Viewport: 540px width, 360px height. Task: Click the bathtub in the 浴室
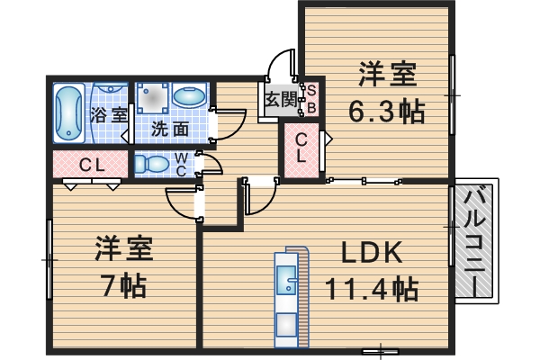[69, 114]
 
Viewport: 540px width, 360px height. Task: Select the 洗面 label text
[169, 129]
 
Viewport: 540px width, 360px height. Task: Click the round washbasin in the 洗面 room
[189, 95]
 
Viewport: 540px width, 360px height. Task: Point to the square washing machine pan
[153, 96]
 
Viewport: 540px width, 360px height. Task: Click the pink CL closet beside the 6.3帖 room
[302, 148]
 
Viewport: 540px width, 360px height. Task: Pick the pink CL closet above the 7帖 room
[90, 165]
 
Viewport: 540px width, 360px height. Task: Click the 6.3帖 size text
[387, 112]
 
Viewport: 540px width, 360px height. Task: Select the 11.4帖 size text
[370, 290]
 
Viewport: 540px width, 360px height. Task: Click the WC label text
[181, 164]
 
